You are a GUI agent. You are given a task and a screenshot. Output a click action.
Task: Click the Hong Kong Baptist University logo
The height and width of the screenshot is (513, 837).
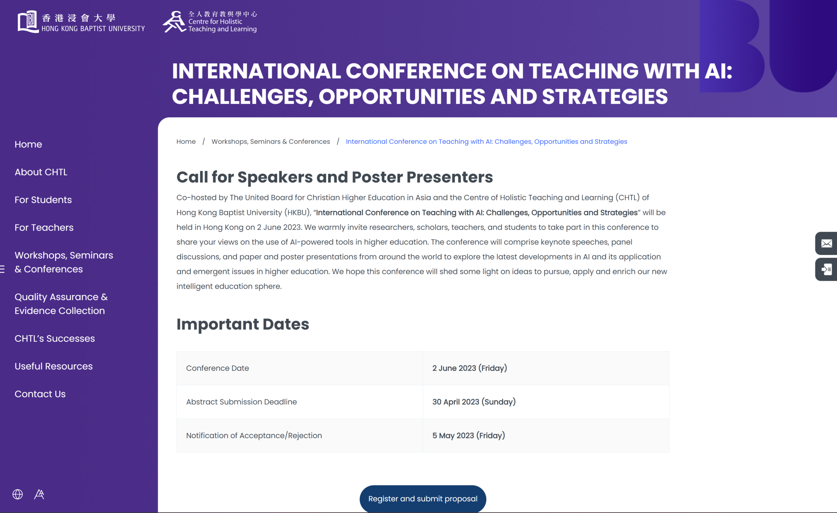pyautogui.click(x=81, y=22)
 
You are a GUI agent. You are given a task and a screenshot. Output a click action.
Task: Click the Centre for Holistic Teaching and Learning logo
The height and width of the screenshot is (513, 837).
pyautogui.click(x=210, y=22)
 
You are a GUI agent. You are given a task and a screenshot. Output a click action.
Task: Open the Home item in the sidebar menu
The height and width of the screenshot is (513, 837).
pyautogui.click(x=28, y=144)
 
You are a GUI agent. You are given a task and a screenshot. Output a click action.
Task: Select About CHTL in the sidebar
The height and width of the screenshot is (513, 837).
pyautogui.click(x=41, y=172)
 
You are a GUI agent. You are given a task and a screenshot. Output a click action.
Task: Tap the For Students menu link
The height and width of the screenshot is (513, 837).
pyautogui.click(x=43, y=200)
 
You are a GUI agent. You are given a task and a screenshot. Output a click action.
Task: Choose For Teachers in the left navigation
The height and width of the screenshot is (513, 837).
pyautogui.click(x=44, y=228)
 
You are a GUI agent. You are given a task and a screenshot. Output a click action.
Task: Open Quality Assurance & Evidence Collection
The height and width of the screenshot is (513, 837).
pyautogui.click(x=61, y=304)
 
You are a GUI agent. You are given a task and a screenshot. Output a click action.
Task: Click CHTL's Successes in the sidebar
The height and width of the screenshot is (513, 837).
pyautogui.click(x=55, y=338)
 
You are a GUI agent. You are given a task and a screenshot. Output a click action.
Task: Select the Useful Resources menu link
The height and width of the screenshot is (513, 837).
pyautogui.click(x=54, y=366)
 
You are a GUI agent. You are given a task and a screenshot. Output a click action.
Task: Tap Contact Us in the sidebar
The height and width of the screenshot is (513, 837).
pyautogui.click(x=40, y=394)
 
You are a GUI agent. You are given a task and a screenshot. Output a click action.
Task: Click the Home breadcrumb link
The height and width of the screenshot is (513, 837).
pyautogui.click(x=186, y=141)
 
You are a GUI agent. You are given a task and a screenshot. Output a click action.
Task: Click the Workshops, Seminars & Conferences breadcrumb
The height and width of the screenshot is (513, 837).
pyautogui.click(x=271, y=141)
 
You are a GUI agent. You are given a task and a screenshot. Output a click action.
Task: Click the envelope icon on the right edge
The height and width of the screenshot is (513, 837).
pyautogui.click(x=826, y=244)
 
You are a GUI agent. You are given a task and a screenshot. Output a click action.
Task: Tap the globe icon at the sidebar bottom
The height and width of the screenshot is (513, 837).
pyautogui.click(x=18, y=494)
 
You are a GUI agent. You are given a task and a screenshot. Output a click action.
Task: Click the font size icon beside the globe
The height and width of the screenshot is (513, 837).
pyautogui.click(x=39, y=494)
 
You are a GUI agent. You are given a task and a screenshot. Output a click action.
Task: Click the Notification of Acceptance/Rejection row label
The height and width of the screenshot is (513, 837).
pyautogui.click(x=254, y=435)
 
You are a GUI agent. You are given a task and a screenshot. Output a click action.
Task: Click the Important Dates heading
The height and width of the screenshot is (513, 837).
pyautogui.click(x=243, y=324)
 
